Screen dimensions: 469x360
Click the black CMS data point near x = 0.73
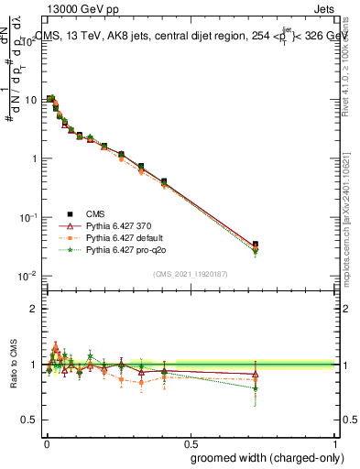(256, 245)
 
